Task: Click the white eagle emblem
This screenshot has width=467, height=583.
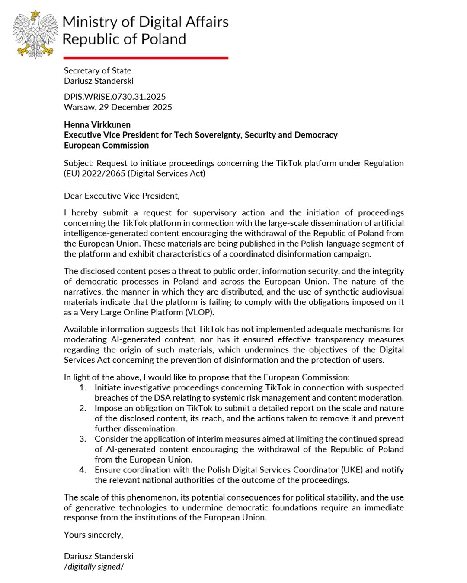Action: pos(35,35)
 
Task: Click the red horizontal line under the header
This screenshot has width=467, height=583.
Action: pos(146,57)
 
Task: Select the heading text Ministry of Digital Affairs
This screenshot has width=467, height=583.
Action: pos(146,22)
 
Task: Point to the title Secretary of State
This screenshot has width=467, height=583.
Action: pos(97,70)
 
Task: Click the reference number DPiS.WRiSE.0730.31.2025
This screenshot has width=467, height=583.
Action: pos(115,97)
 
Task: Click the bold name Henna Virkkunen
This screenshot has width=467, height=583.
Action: pos(97,125)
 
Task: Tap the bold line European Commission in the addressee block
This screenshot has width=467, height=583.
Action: pos(106,146)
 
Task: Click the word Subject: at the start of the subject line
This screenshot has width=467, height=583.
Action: pos(79,163)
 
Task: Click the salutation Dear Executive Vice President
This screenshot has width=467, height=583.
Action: pos(122,196)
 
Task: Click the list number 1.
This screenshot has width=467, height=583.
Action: pos(83,387)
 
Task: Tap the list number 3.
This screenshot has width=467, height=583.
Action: pos(83,439)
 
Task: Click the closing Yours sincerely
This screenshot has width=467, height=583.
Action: pos(93,535)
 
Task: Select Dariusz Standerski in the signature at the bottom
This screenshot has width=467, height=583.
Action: pos(99,556)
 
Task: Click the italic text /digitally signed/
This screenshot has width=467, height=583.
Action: pos(93,567)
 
